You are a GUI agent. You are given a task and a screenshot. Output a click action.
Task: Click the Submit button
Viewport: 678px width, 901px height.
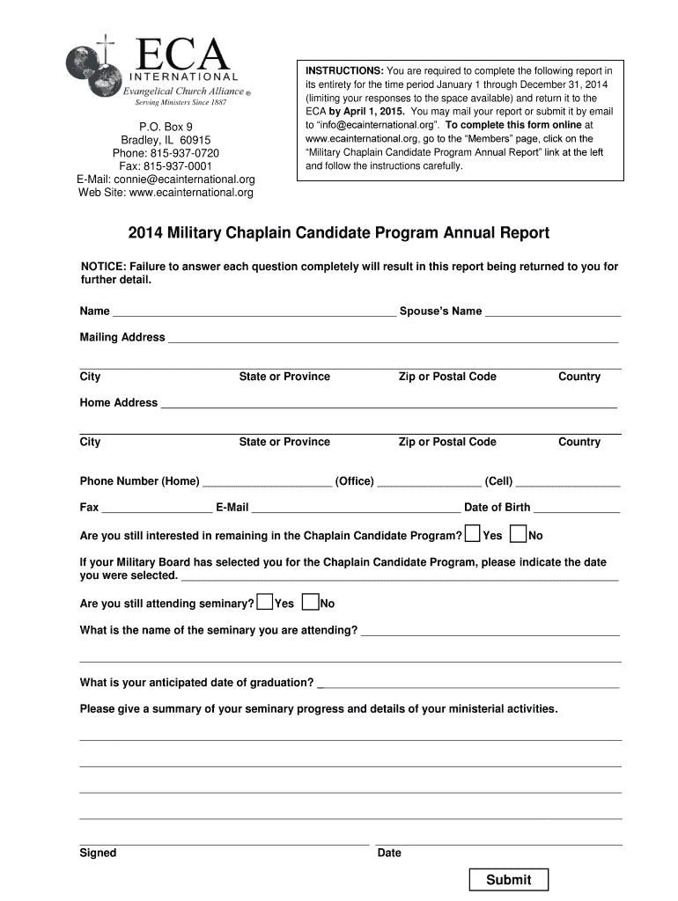(508, 880)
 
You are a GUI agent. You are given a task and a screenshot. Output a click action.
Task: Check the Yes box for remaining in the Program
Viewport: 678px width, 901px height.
(473, 534)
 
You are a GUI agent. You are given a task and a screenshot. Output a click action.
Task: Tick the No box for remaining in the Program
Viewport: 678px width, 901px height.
(519, 534)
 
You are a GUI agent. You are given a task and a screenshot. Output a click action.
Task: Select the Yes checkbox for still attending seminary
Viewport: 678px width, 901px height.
(264, 603)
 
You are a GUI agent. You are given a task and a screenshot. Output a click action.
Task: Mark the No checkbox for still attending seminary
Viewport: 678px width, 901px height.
(310, 603)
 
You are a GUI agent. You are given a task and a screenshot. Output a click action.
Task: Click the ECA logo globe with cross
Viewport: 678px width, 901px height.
(93, 70)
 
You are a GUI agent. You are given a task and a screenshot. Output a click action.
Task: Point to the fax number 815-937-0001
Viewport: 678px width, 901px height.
(166, 166)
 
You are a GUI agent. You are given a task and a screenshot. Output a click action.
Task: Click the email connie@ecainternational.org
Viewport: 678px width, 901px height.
(166, 179)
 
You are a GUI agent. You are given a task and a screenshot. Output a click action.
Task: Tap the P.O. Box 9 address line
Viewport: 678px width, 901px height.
(166, 127)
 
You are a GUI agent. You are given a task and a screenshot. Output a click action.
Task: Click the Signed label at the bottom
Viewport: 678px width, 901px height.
(98, 853)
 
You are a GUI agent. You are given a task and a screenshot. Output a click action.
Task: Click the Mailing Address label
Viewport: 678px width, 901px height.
(122, 337)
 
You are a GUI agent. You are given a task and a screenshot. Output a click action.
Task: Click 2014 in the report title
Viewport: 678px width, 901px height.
(146, 233)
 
